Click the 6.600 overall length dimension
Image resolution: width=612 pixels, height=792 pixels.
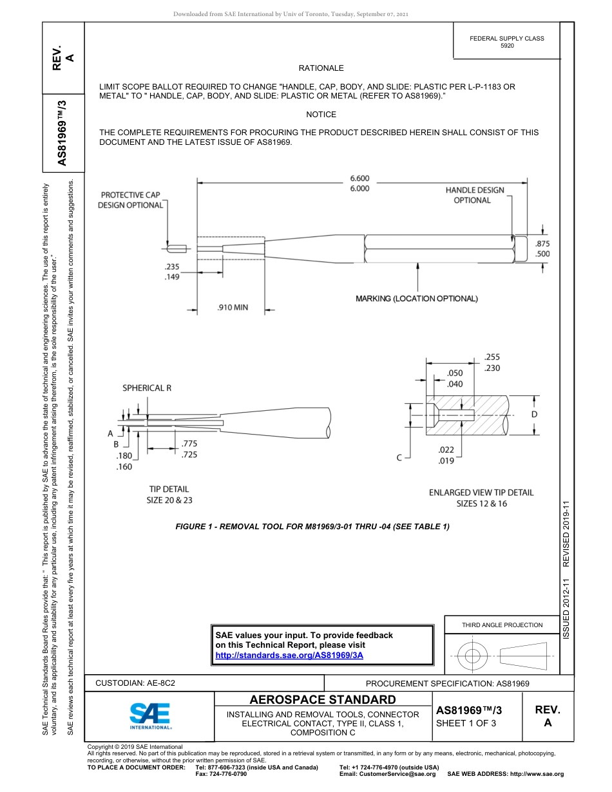(x=359, y=178)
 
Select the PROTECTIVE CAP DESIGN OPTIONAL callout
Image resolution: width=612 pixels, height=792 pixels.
(x=130, y=200)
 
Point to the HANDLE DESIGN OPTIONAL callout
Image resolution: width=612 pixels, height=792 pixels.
(x=475, y=195)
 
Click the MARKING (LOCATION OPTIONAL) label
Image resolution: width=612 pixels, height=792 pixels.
(x=417, y=299)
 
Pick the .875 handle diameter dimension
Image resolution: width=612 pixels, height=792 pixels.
(x=542, y=243)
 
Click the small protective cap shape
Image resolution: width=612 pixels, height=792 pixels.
(x=176, y=249)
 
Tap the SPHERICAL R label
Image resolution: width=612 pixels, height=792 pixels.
(x=148, y=388)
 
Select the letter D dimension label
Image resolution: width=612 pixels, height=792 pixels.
(x=534, y=415)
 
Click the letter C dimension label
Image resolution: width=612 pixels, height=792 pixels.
(x=399, y=457)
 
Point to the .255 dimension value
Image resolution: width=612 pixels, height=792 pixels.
(x=492, y=357)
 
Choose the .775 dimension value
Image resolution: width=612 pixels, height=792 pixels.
(x=189, y=444)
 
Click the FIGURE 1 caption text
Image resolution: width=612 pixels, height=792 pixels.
(x=312, y=527)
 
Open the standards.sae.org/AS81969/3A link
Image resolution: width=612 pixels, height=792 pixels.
(x=289, y=655)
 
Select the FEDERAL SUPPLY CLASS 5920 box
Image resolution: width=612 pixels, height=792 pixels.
(x=506, y=42)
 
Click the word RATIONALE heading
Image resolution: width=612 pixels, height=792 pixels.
(x=321, y=68)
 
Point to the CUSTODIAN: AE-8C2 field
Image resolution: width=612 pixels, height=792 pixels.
(x=135, y=683)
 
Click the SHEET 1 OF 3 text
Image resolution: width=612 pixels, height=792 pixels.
(x=466, y=723)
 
